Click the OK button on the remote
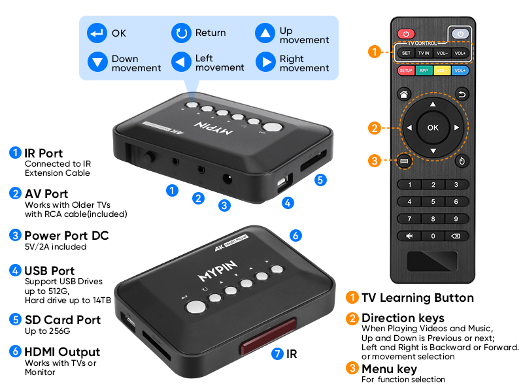tap(433, 127)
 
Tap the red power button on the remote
tap(406, 34)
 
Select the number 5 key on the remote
tap(433, 202)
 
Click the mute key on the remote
tap(409, 236)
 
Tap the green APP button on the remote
tap(424, 70)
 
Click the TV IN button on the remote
tap(424, 52)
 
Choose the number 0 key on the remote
tap(433, 236)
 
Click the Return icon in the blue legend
tap(181, 33)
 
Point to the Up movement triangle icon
tap(265, 33)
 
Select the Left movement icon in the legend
tap(181, 62)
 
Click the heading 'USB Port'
tap(49, 270)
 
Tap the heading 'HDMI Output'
tap(62, 352)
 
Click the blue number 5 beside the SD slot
tap(320, 180)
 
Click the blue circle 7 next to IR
tap(277, 353)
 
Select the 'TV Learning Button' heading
tap(417, 298)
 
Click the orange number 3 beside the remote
tap(374, 160)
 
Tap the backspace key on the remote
tap(456, 236)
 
